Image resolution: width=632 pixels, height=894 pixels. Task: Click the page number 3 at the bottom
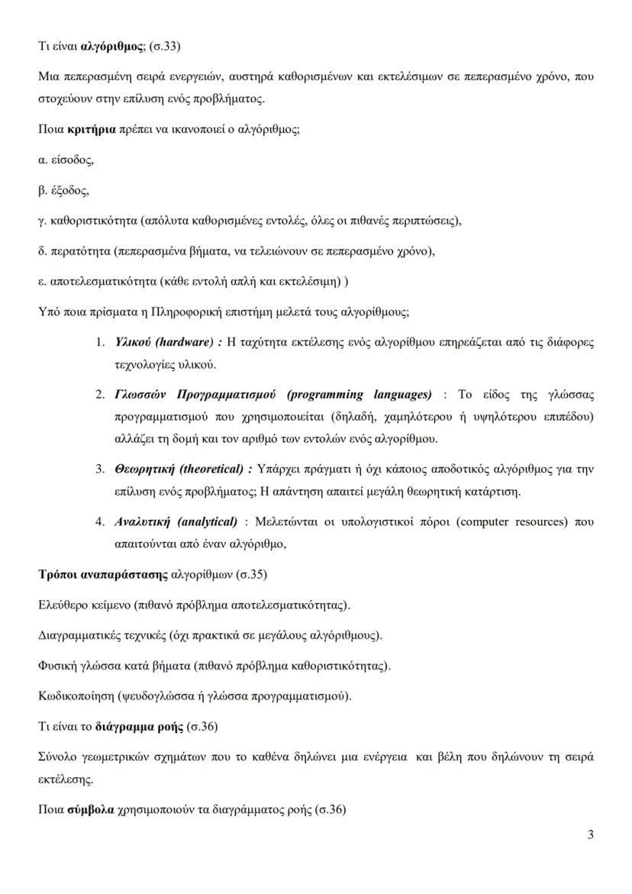click(591, 834)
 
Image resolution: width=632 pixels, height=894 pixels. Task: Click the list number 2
click(100, 395)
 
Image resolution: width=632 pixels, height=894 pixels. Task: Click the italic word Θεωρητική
click(142, 469)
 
